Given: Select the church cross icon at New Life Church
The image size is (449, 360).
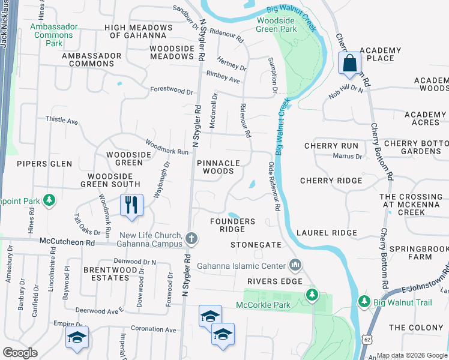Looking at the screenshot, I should coord(191,239).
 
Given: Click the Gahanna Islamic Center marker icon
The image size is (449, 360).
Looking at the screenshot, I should coord(295,265).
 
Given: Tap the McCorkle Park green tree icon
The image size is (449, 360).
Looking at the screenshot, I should coord(312,294).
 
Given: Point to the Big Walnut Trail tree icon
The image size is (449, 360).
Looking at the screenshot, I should coord(363,300).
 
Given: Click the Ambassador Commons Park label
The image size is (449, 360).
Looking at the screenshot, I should coord(55,35).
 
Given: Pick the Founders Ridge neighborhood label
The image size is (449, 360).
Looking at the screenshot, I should coord(232,226).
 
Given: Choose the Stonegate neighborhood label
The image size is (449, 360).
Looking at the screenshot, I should coord(256,245).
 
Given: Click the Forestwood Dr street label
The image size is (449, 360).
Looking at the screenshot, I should coord(172,92).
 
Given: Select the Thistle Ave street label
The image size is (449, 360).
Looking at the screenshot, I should coord(62,120).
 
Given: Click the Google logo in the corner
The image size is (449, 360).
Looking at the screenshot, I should coord(20,352).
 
